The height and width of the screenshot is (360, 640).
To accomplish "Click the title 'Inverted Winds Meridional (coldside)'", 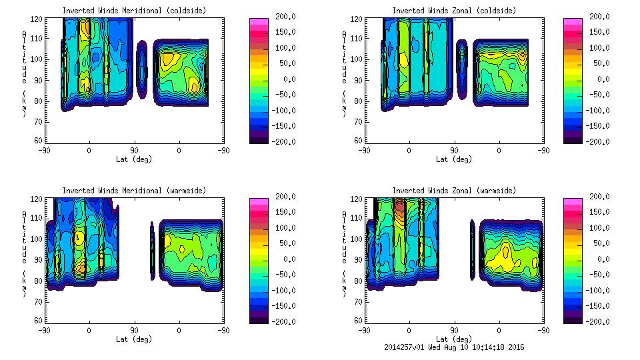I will (x=134, y=11).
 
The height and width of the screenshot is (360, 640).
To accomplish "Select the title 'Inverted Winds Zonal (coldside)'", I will (x=454, y=11).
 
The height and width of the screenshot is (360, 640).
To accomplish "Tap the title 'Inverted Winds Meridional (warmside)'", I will (x=134, y=191).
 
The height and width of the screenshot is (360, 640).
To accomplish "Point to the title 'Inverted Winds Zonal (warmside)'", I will (x=454, y=191).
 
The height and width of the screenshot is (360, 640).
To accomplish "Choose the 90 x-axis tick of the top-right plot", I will (x=454, y=151).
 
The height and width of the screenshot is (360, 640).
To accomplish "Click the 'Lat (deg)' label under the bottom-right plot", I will (x=454, y=339).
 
